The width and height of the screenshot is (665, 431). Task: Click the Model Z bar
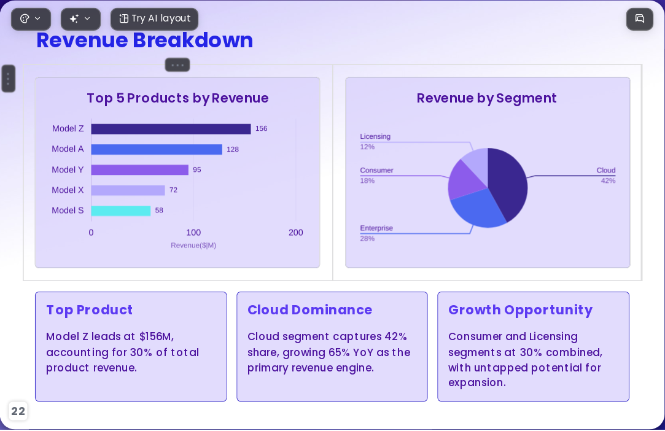[x=171, y=129]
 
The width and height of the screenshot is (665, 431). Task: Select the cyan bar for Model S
[x=121, y=211]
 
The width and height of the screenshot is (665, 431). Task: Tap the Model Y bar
[x=139, y=169]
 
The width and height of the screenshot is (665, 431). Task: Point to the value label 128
[x=233, y=149]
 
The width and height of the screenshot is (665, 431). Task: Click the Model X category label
[x=68, y=190]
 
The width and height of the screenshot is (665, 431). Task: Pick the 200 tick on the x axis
[x=295, y=233]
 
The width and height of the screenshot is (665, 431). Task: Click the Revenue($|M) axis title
[x=193, y=245]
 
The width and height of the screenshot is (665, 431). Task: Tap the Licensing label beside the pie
[x=375, y=136]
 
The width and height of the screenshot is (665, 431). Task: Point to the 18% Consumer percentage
[x=367, y=181]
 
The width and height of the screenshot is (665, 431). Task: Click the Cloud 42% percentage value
[x=608, y=181]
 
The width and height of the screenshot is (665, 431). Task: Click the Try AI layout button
[x=154, y=19]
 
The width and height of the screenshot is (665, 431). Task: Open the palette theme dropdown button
[x=31, y=19]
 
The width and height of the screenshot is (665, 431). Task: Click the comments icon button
[x=640, y=19]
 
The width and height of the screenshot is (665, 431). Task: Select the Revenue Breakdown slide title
[x=145, y=41]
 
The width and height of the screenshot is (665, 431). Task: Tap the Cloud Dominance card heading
[x=309, y=309]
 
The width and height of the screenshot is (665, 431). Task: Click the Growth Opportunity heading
[x=520, y=310]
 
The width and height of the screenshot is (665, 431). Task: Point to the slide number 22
[x=18, y=411]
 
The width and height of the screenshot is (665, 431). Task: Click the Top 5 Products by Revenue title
[x=177, y=98]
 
